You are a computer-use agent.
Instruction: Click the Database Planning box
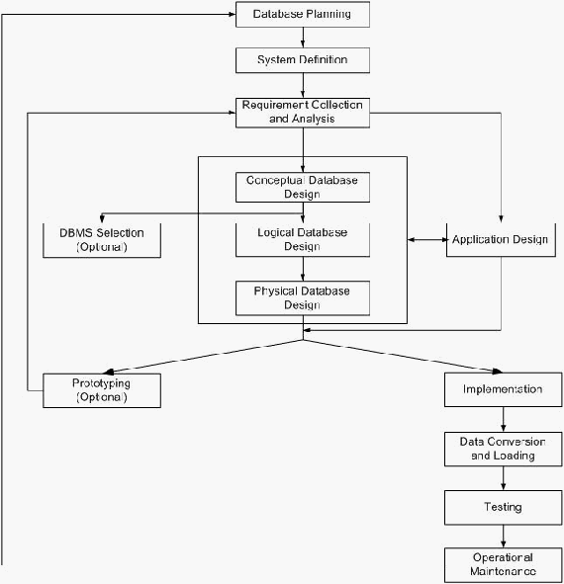click(303, 14)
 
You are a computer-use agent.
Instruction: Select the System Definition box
click(303, 60)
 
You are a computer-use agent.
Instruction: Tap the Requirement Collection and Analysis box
click(303, 113)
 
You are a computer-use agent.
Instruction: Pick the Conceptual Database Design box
click(303, 187)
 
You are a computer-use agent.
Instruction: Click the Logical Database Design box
click(303, 240)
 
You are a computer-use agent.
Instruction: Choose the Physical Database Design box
click(303, 298)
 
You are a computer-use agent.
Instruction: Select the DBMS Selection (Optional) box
click(102, 240)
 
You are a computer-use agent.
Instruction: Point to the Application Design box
click(501, 240)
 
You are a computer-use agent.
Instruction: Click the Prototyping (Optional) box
click(102, 390)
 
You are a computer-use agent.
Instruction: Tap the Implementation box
click(504, 389)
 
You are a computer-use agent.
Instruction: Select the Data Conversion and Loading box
click(504, 449)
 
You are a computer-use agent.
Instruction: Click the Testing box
click(504, 507)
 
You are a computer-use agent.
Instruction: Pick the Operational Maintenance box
click(504, 564)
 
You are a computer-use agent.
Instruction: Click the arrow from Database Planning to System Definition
click(303, 38)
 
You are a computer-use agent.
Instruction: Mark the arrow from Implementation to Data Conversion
click(504, 419)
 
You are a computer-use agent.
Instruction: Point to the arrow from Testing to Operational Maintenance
click(504, 537)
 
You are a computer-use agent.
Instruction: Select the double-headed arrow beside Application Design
click(427, 240)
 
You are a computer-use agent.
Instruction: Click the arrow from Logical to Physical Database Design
click(303, 269)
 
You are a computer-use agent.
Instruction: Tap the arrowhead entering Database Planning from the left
click(232, 14)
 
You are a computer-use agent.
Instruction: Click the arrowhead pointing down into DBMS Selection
click(102, 218)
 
